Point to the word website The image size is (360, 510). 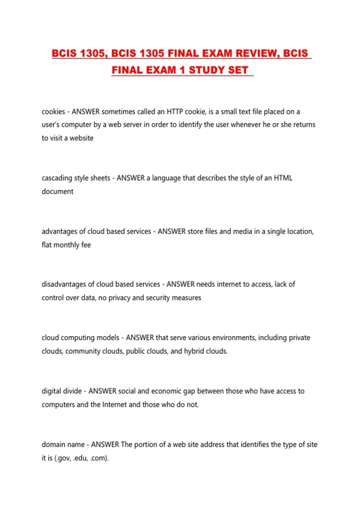(81, 138)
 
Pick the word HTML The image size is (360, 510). (283, 178)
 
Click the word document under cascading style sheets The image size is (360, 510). (57, 191)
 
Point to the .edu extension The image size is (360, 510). (80, 458)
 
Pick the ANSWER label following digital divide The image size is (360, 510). (102, 391)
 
